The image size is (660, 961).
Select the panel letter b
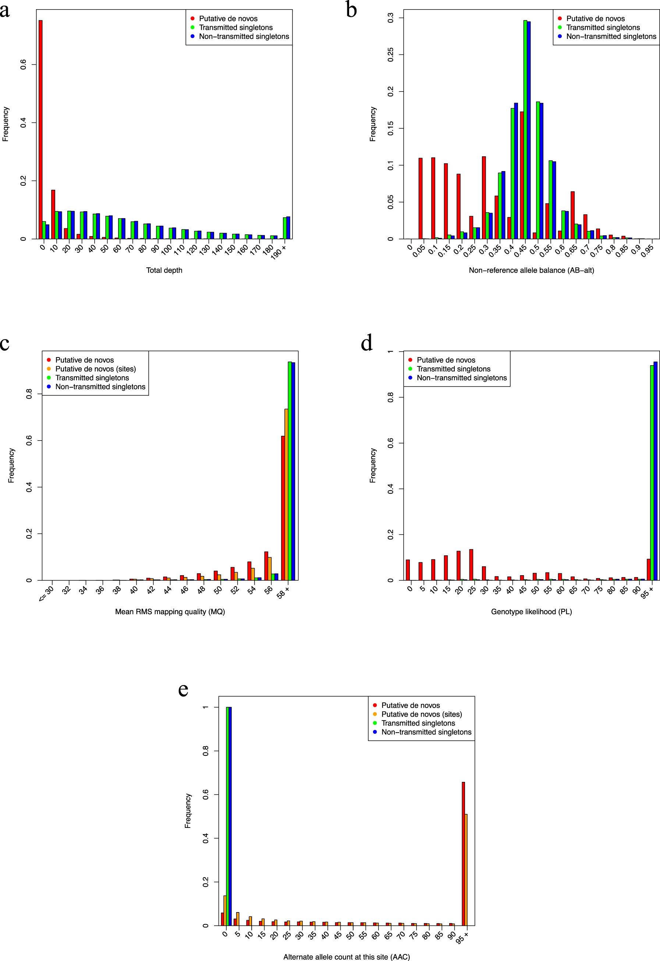click(x=351, y=10)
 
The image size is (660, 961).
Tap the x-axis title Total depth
click(x=164, y=270)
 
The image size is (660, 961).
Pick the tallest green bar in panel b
click(x=525, y=129)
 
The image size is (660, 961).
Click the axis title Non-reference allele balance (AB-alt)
click(x=531, y=270)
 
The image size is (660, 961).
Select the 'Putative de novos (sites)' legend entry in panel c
click(x=96, y=369)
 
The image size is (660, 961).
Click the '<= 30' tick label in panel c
click(x=46, y=594)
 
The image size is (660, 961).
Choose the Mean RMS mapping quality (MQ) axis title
click(x=170, y=612)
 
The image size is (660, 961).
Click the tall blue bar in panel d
click(x=656, y=471)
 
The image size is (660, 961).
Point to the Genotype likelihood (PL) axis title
click(x=531, y=612)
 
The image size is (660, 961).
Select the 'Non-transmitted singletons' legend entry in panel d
click(x=461, y=378)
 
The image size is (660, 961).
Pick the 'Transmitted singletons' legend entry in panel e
click(x=418, y=723)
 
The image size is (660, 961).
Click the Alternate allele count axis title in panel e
click(x=347, y=957)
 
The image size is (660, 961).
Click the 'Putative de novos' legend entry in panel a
click(x=228, y=19)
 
